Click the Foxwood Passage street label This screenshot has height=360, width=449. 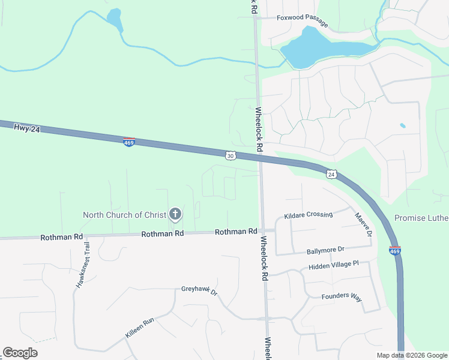(302, 20)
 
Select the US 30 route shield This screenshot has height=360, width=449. (231, 155)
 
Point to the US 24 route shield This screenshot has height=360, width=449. (331, 175)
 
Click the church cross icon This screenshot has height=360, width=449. (175, 214)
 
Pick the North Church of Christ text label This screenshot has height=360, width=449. (124, 215)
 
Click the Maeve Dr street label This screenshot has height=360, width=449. (364, 224)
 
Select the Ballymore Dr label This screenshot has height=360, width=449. (325, 249)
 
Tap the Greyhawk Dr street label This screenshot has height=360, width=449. (199, 291)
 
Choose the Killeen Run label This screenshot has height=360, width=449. (140, 327)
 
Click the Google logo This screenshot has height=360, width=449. (20, 353)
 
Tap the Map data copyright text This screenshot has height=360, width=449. (412, 355)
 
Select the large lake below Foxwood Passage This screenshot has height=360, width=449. (318, 48)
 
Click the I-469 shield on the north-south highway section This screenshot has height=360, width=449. (395, 251)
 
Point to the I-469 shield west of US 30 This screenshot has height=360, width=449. (128, 142)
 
